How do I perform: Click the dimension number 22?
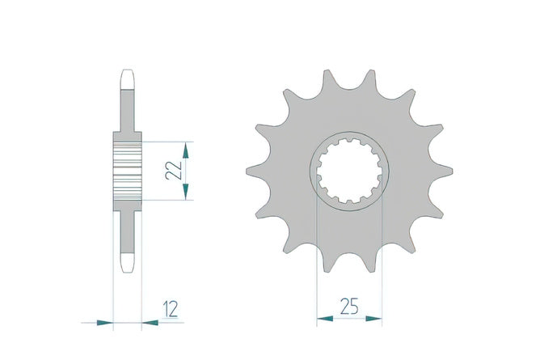click(x=173, y=171)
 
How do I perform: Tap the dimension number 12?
click(x=171, y=309)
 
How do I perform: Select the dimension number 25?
click(x=349, y=307)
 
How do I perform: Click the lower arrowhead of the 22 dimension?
click(x=186, y=192)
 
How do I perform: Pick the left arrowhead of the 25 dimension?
click(x=325, y=319)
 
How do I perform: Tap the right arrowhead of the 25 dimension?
click(x=373, y=319)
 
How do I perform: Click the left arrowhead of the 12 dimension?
click(x=105, y=323)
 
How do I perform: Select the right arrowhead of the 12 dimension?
click(x=150, y=323)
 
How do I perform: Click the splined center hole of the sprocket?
click(x=349, y=172)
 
